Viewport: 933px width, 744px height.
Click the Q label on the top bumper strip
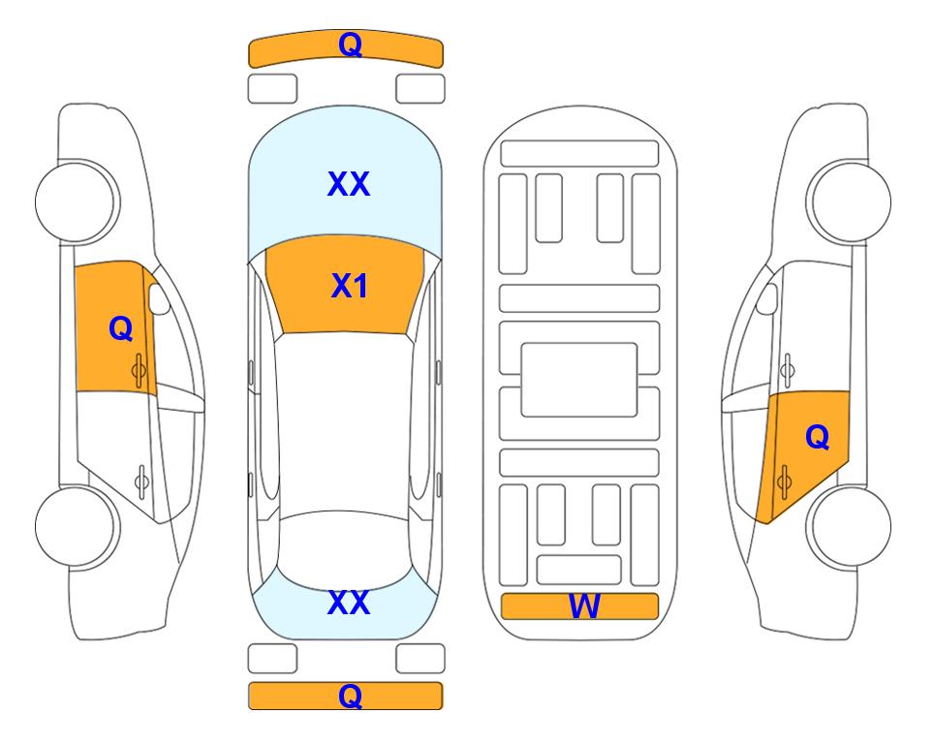(x=350, y=45)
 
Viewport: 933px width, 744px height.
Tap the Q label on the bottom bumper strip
(x=350, y=696)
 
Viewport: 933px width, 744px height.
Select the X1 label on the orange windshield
(x=350, y=286)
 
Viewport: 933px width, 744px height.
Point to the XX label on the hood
(x=349, y=184)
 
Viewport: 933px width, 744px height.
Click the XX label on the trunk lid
(x=349, y=603)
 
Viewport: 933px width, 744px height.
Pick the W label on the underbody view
(x=583, y=606)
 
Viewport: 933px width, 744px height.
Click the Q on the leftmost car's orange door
(x=121, y=328)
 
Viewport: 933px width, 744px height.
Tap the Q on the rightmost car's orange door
(x=817, y=438)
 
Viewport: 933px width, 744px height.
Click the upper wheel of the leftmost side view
(x=77, y=201)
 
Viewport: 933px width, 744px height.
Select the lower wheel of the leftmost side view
(x=77, y=526)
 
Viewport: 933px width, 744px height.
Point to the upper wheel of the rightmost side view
(x=850, y=201)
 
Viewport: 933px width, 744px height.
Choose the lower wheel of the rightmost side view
(x=850, y=526)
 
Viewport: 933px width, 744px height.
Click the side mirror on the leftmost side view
(x=159, y=298)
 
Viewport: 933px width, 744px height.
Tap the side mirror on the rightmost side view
(x=767, y=298)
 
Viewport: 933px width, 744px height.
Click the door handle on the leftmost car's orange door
(x=140, y=371)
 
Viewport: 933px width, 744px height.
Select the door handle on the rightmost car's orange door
(x=784, y=482)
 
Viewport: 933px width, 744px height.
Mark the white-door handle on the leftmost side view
(x=141, y=480)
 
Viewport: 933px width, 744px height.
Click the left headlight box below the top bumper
(x=272, y=89)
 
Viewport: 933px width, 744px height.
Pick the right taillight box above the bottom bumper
(x=420, y=659)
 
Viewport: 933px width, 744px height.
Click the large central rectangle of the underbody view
(x=579, y=380)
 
